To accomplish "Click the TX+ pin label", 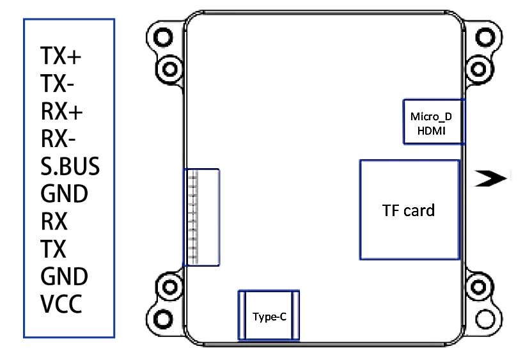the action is point(61,56).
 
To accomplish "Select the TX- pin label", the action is point(57,84).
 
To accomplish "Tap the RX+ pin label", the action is point(62,111).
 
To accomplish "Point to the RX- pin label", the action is point(58,138).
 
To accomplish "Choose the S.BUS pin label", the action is point(70,166).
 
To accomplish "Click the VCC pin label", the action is point(61,304).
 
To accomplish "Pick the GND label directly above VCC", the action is point(64,276).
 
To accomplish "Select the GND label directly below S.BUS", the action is point(64,194).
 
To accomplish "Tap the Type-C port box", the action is point(269,315).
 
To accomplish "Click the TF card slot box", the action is point(410,210).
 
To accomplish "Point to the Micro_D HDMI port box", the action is point(434,121).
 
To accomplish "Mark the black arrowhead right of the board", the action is point(490,178).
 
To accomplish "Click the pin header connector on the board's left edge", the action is point(201,217).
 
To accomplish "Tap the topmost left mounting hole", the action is point(163,37).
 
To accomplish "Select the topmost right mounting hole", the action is point(485,37).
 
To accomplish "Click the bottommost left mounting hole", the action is point(163,319).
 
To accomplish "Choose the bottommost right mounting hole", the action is point(485,319).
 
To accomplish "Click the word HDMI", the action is point(431,131).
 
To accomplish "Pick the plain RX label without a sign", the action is point(54,221).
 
